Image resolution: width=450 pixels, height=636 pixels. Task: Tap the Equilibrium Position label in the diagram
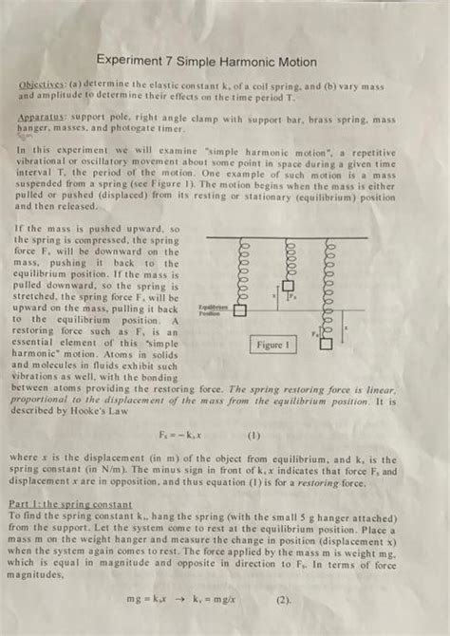(x=213, y=309)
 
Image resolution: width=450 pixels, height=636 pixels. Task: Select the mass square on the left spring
(x=240, y=309)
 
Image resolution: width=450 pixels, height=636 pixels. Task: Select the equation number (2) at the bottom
(x=283, y=599)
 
